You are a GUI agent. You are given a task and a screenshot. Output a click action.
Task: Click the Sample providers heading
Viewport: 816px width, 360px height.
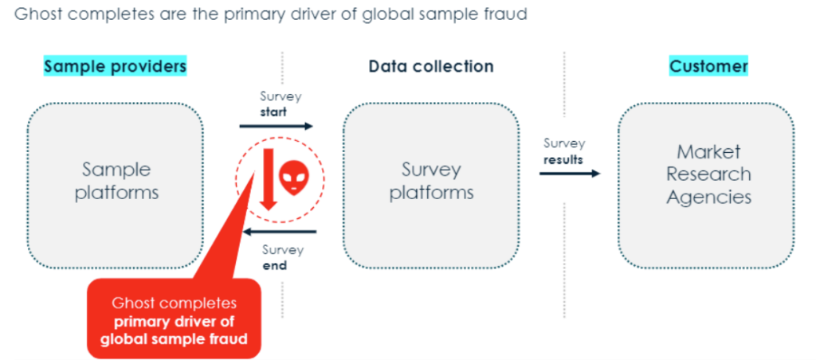pos(115,66)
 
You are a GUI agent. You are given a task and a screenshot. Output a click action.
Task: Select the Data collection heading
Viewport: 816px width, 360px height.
pos(430,66)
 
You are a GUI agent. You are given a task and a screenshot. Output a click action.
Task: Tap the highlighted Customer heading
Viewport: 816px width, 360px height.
pos(708,66)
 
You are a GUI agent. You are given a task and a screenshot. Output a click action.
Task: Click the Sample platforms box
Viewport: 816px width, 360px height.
pos(116,181)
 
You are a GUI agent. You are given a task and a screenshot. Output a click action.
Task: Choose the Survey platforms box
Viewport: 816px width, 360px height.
pos(431,181)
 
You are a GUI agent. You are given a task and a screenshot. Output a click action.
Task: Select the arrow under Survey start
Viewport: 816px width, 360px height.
pos(277,126)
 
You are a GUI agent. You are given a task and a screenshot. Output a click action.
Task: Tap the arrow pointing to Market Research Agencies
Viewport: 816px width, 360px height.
pos(569,173)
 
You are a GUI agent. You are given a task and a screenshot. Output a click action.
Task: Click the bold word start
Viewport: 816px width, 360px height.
pos(273,112)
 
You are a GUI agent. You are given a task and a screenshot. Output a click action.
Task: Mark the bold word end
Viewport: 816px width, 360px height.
pos(275,265)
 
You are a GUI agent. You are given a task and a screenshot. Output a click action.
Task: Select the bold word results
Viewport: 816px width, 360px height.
pos(563,159)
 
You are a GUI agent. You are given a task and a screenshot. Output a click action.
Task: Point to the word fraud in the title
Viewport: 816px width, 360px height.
pos(507,14)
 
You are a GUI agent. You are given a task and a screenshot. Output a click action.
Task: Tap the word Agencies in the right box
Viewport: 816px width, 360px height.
pos(708,197)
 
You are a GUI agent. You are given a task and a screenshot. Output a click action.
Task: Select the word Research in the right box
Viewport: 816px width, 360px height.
pos(708,174)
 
